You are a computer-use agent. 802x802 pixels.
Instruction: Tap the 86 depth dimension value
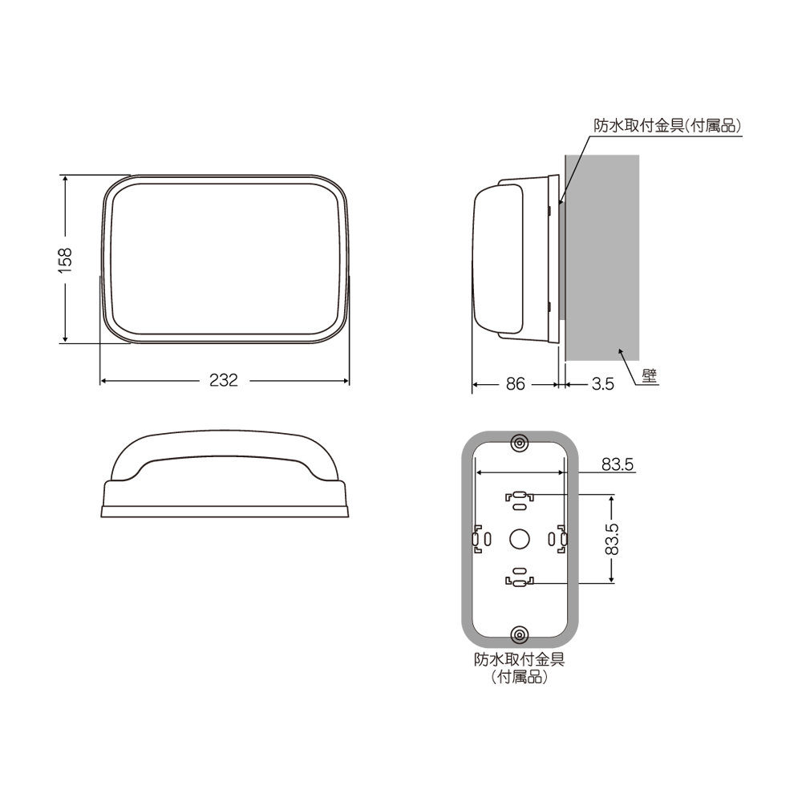point(515,384)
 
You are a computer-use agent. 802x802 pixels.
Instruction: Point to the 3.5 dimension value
point(602,384)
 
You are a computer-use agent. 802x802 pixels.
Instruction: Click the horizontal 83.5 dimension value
point(618,464)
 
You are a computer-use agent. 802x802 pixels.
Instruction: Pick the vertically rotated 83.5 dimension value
point(612,540)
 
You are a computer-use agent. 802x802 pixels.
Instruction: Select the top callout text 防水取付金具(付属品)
point(666,126)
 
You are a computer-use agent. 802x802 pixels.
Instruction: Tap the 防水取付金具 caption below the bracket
point(520,661)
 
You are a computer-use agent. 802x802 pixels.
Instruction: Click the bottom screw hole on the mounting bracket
point(520,635)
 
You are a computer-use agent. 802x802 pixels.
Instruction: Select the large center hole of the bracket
point(520,539)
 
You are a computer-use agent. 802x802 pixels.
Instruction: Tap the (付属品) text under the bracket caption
point(520,678)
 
